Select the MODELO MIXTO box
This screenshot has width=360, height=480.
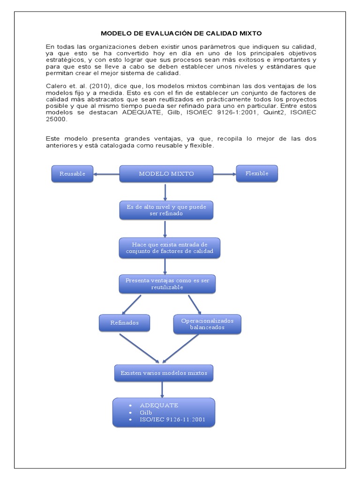[x=166, y=173]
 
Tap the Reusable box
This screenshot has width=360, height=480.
[x=72, y=173]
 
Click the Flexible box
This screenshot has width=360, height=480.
[x=257, y=173]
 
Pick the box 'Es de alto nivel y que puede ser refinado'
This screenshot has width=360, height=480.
[x=166, y=210]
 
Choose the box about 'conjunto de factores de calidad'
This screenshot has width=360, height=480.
[x=169, y=247]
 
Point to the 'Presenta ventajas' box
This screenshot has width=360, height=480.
[x=167, y=284]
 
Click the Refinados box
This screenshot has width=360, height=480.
[x=125, y=323]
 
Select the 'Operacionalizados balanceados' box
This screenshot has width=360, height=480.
[x=207, y=324]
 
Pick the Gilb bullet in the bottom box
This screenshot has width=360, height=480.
[x=146, y=412]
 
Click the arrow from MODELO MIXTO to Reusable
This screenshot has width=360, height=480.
[x=106, y=174]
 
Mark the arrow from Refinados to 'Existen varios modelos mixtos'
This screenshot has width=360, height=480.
[x=140, y=348]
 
